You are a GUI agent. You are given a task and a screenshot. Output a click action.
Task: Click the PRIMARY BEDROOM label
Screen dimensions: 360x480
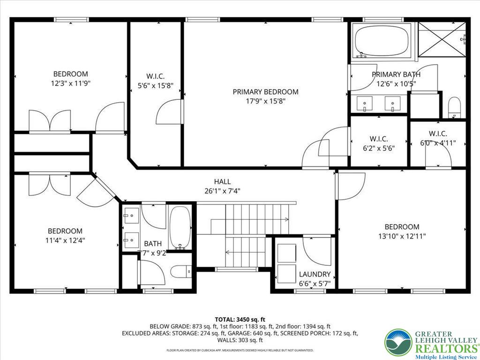click(265, 92)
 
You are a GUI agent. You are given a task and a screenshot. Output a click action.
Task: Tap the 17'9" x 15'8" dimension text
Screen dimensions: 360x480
click(265, 101)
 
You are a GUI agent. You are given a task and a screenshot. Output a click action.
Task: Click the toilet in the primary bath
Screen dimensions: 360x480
click(454, 107)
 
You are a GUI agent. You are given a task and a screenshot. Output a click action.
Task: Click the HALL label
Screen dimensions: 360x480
click(222, 182)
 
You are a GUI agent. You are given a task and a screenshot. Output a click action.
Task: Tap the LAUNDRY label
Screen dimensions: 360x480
click(315, 274)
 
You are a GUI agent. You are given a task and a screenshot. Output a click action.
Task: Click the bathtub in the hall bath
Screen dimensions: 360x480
click(180, 228)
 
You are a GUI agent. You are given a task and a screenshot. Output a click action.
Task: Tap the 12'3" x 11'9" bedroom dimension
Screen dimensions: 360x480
click(70, 83)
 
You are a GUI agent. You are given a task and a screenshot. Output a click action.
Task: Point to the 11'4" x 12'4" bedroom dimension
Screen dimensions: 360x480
click(65, 240)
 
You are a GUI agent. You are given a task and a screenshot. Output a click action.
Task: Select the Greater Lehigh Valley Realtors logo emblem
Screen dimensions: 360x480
click(398, 342)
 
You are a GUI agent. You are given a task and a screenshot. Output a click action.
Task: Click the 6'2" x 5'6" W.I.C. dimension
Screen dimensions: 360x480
click(379, 148)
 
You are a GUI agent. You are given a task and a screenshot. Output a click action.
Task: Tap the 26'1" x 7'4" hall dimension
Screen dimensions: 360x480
click(222, 191)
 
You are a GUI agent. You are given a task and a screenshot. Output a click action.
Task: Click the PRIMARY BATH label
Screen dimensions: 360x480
click(396, 75)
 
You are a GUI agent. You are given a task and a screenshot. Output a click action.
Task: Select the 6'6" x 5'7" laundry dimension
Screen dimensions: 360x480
click(315, 283)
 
